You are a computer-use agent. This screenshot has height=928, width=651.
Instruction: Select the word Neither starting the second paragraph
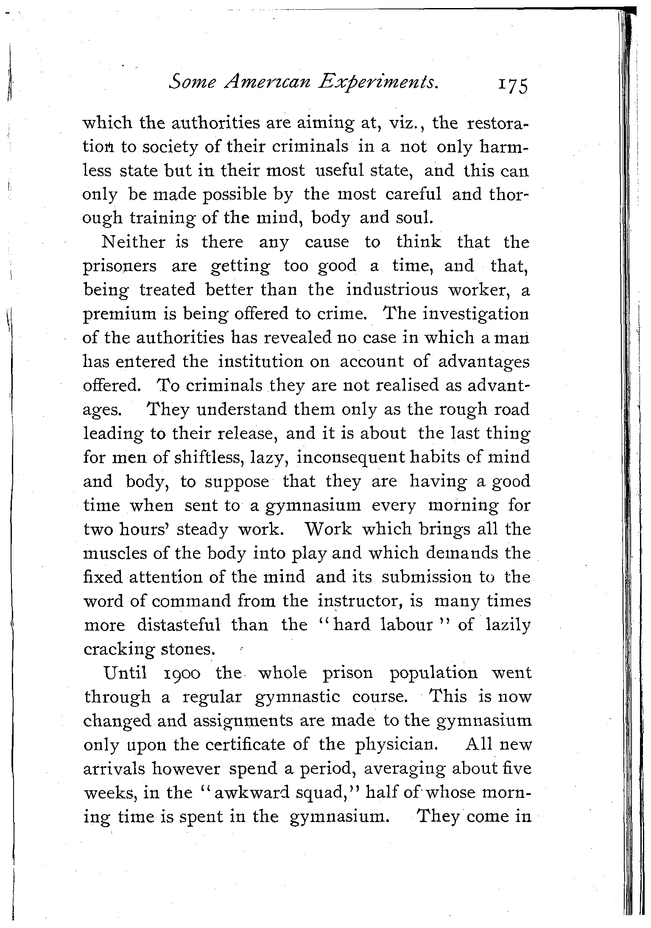coord(134,243)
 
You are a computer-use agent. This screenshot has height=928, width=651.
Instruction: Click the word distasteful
coord(178,625)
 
